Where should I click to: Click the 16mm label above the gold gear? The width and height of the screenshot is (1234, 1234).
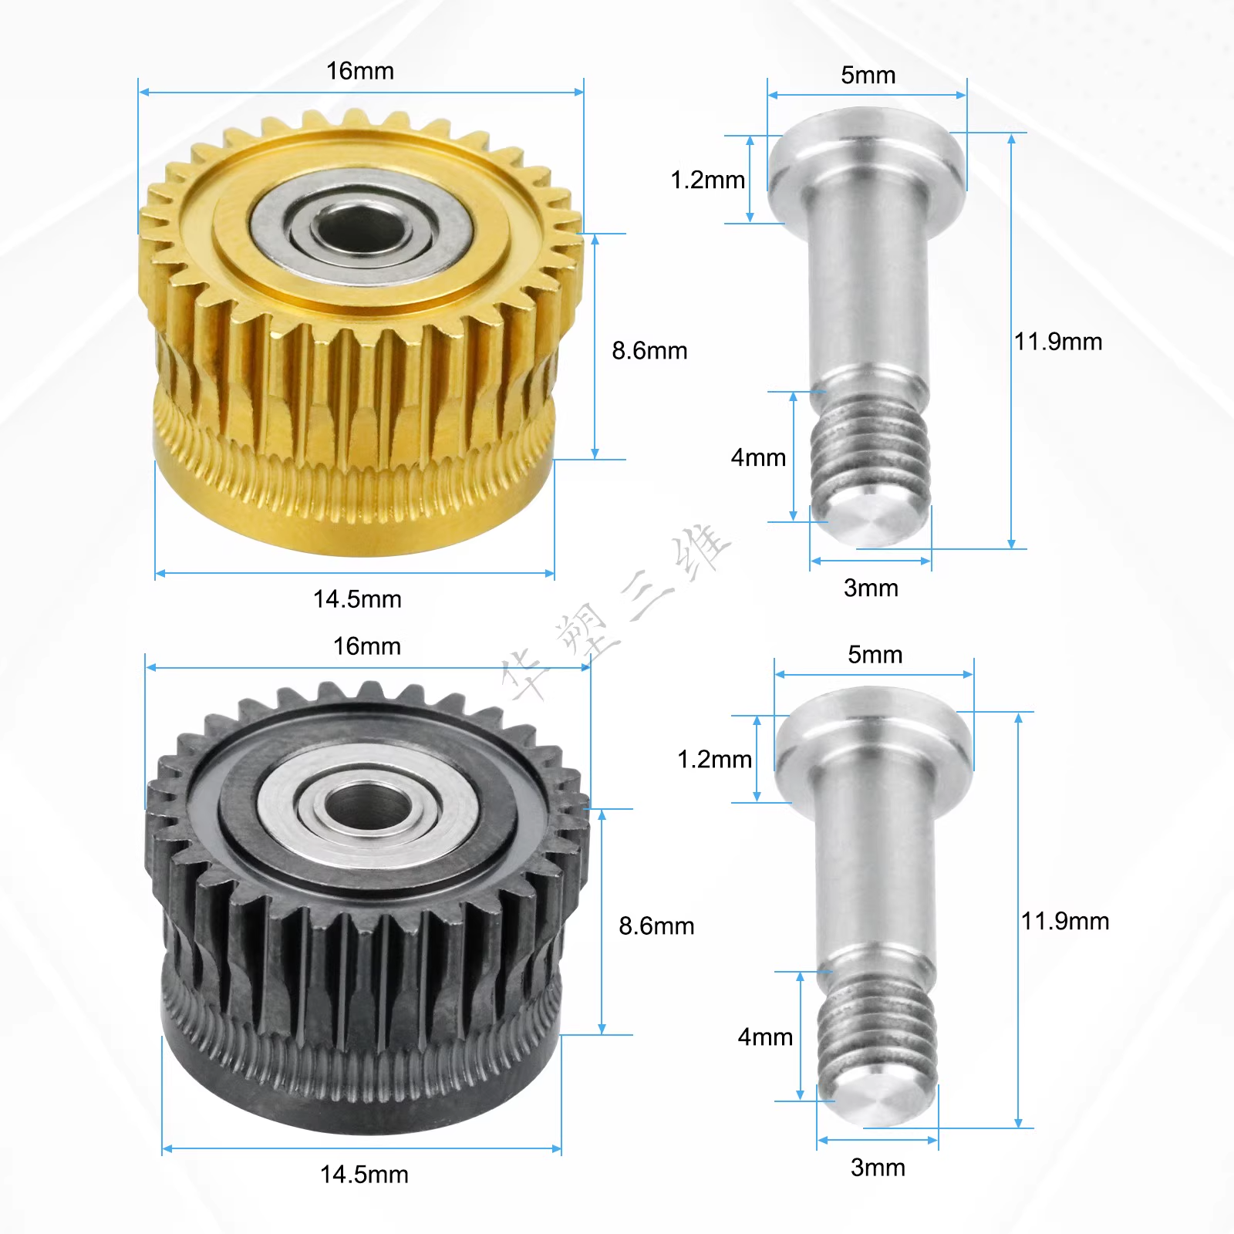click(x=360, y=71)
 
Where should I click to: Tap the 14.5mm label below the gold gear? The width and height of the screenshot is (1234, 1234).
click(x=357, y=599)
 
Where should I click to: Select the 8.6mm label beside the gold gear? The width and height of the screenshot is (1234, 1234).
click(x=649, y=351)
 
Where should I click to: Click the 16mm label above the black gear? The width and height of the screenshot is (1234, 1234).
click(x=367, y=646)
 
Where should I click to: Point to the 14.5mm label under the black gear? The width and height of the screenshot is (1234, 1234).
click(x=364, y=1175)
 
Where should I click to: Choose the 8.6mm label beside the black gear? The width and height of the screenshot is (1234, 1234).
click(x=656, y=926)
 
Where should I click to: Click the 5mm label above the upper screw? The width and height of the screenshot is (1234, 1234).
click(x=868, y=76)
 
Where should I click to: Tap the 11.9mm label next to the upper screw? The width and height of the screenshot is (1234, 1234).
click(x=1058, y=342)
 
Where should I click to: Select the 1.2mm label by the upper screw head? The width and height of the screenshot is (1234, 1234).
click(x=708, y=180)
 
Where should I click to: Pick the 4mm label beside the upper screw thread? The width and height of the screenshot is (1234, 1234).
click(x=758, y=458)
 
